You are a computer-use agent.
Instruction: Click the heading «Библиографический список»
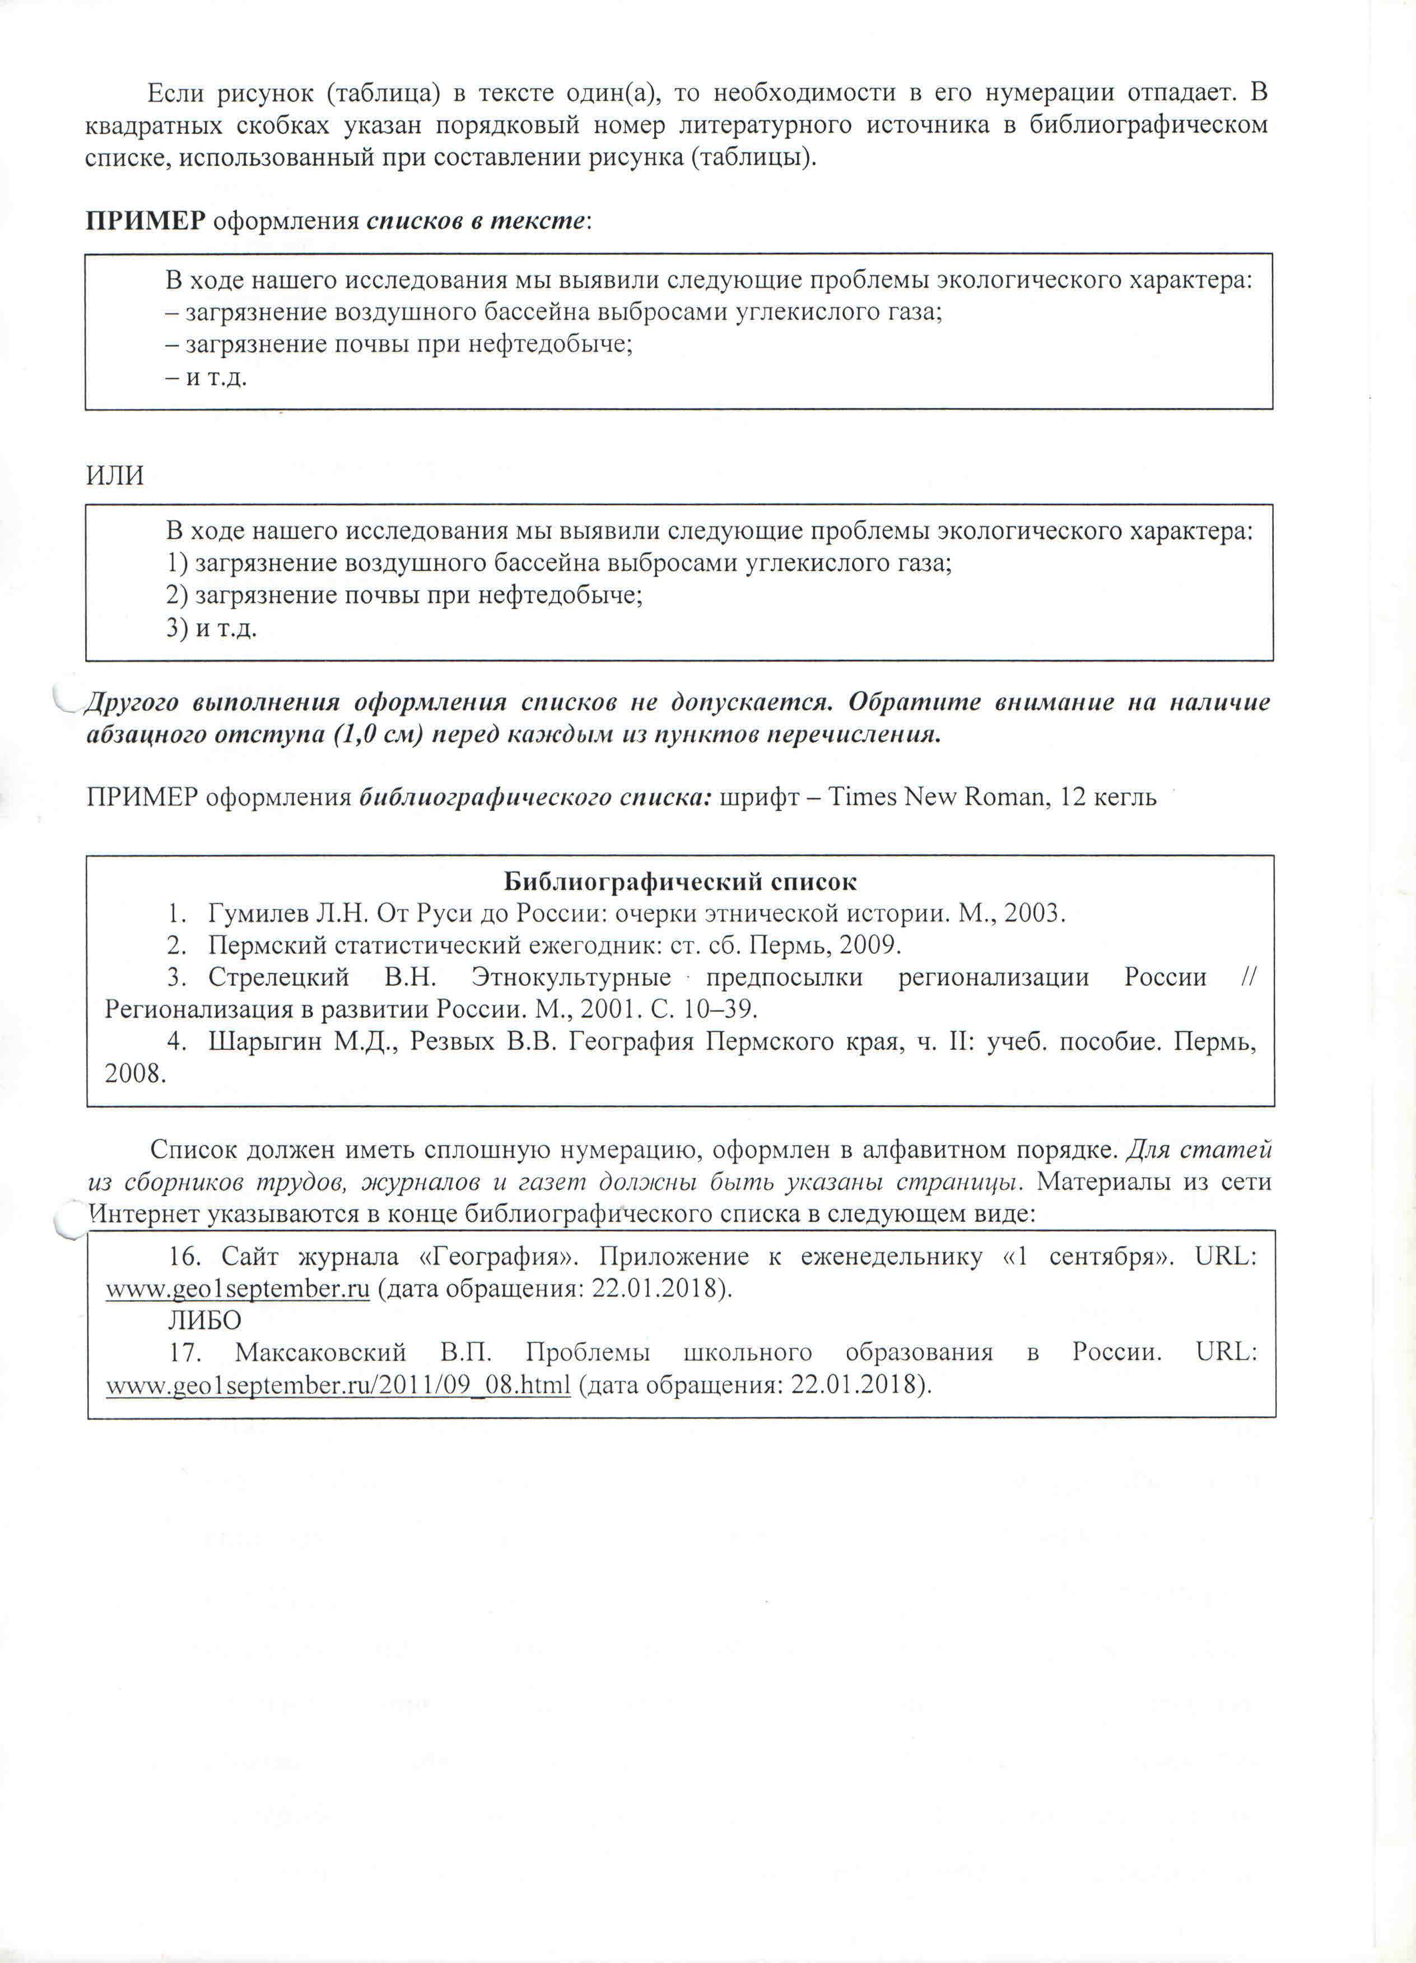(681, 882)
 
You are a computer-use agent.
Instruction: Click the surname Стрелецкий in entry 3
(279, 977)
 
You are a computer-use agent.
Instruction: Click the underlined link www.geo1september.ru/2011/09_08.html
(338, 1385)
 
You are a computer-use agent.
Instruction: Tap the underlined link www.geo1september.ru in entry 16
(238, 1288)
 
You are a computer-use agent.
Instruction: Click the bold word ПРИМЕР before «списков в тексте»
(145, 221)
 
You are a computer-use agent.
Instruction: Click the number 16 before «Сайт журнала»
(186, 1256)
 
